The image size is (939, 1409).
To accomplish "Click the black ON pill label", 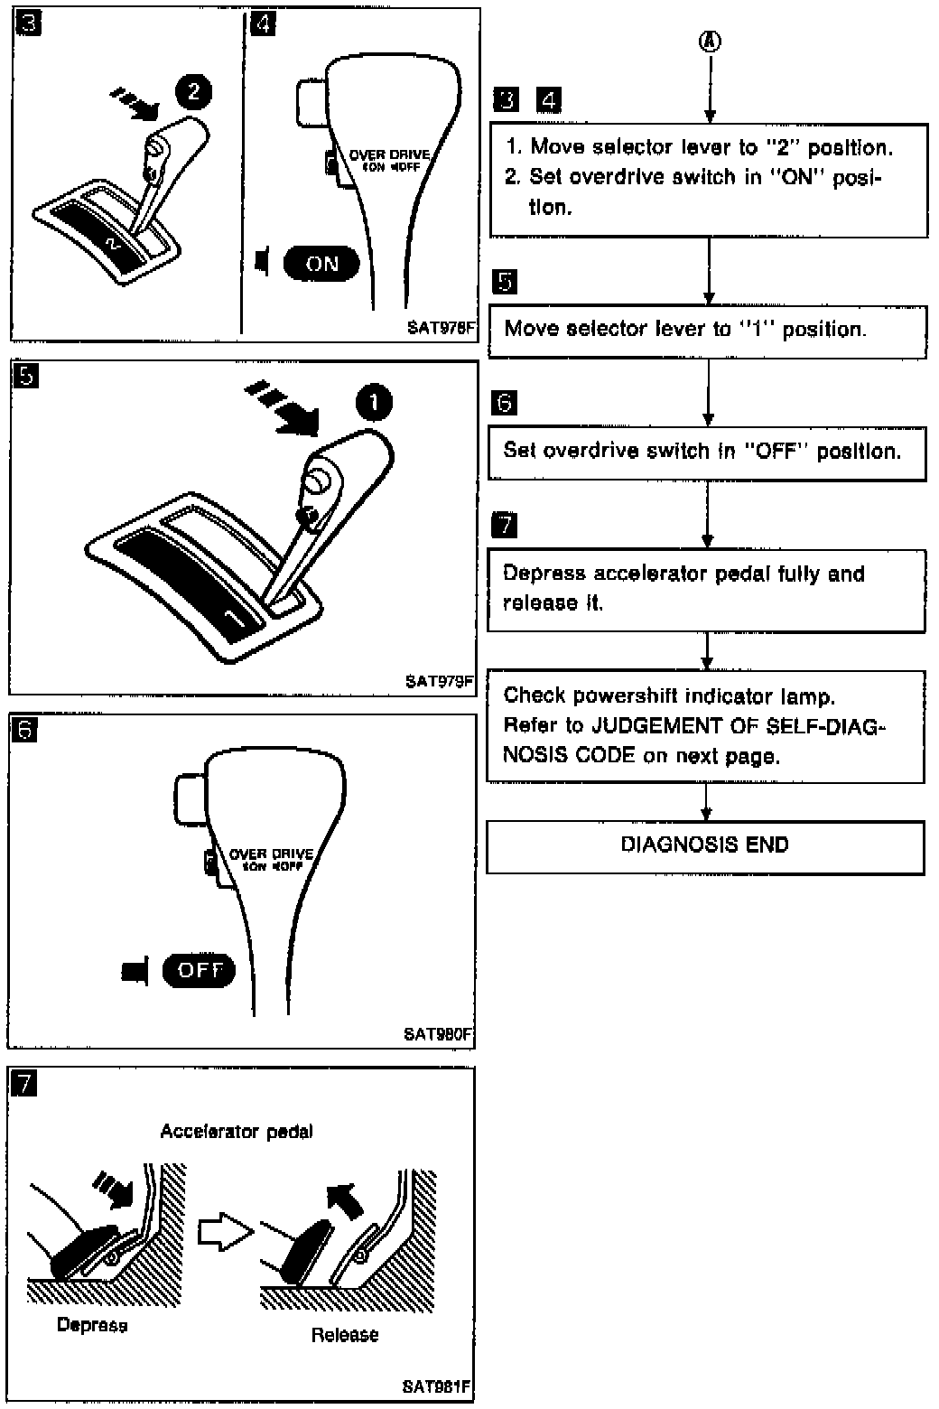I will pos(321,264).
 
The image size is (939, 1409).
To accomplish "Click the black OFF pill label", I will pos(199,971).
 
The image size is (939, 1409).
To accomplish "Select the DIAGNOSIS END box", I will pos(705,846).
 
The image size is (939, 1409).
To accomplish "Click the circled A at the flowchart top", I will pos(711,41).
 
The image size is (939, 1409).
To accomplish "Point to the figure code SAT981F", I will pos(438,1386).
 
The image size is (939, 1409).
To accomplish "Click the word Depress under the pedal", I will pos(91,1325).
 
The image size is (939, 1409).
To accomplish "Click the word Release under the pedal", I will pos(345,1335).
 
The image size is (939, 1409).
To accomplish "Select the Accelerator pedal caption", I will pos(237,1132).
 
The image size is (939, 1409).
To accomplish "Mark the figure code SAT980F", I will pos(439,1035).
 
